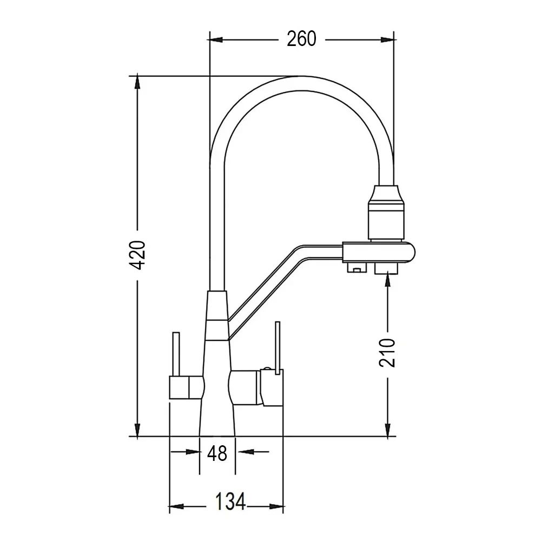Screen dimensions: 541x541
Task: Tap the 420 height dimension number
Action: (x=137, y=255)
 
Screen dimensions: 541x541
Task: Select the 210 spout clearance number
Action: (x=387, y=353)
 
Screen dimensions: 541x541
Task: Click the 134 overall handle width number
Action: (x=230, y=502)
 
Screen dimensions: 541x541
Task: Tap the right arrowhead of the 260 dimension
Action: (x=387, y=40)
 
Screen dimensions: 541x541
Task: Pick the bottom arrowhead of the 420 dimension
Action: (x=137, y=430)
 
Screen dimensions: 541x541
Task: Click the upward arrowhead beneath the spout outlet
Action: (x=387, y=278)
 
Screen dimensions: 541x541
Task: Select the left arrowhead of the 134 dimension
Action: (x=176, y=506)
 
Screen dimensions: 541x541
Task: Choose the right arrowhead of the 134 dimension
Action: (x=276, y=506)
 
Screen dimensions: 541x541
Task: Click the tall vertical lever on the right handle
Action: (x=278, y=348)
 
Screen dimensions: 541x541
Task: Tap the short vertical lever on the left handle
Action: (x=176, y=354)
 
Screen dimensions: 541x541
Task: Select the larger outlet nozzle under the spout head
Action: (x=386, y=268)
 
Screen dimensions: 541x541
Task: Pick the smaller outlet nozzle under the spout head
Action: (x=357, y=267)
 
